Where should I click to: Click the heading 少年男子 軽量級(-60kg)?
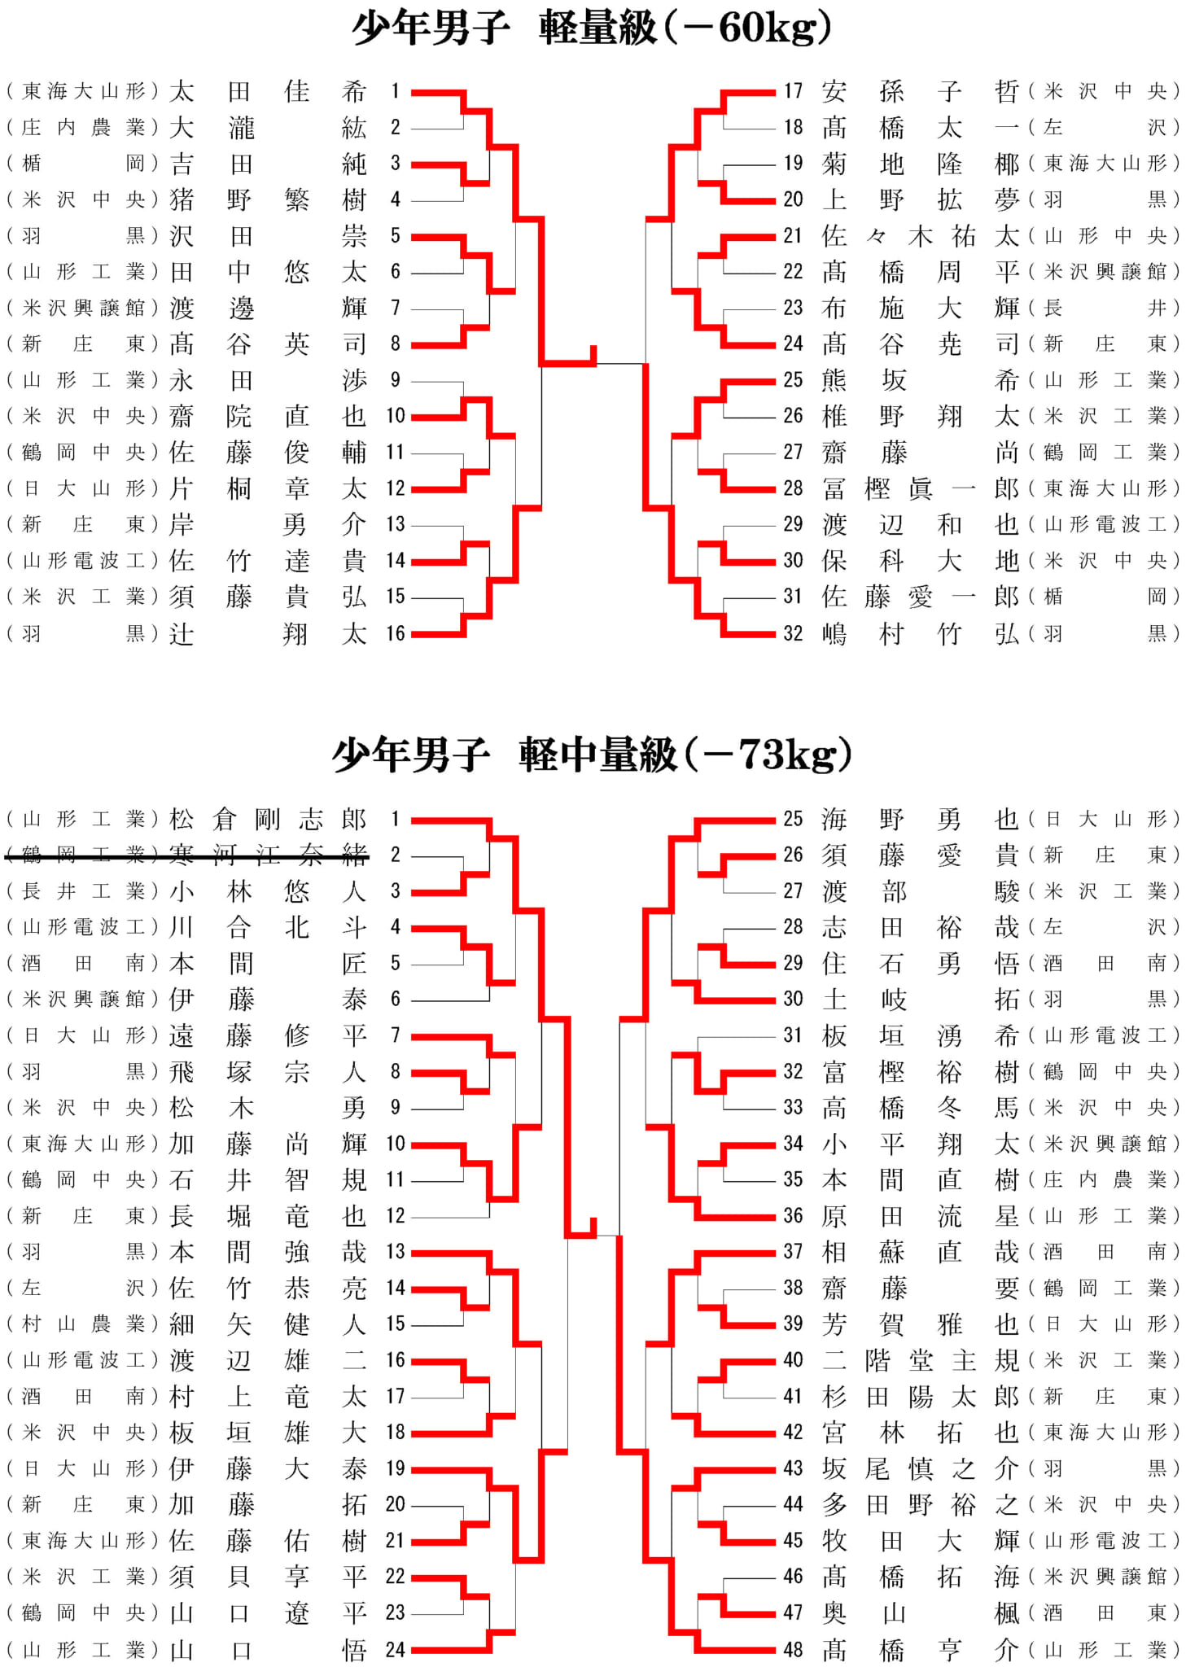[x=593, y=28]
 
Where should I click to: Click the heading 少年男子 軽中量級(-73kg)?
[x=593, y=755]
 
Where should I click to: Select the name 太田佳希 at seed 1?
[x=268, y=91]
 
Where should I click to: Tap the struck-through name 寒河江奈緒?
[x=268, y=855]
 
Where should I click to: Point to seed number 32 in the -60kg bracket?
[x=793, y=633]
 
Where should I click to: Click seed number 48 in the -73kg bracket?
[x=793, y=1650]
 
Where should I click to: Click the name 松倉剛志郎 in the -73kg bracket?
[x=268, y=819]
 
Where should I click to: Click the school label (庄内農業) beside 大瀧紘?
[x=82, y=128]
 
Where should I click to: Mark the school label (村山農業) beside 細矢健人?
[x=82, y=1324]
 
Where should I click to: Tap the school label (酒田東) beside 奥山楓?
[x=1104, y=1612]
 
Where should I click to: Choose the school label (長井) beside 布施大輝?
[x=1104, y=308]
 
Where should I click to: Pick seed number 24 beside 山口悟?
[x=395, y=1650]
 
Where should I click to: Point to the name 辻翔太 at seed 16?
[x=268, y=633]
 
